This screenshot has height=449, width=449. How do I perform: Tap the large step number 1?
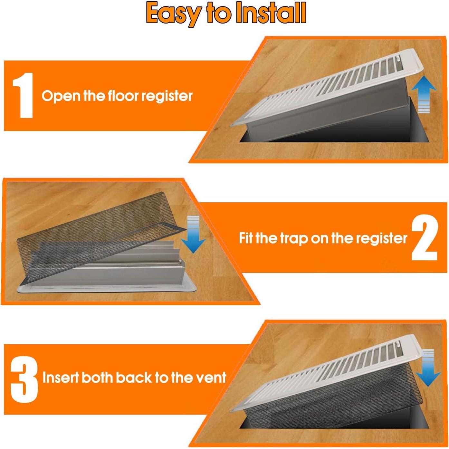[x=23, y=95]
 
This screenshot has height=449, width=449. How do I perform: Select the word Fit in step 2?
[x=246, y=238]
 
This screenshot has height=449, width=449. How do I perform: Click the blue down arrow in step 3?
[x=428, y=368]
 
